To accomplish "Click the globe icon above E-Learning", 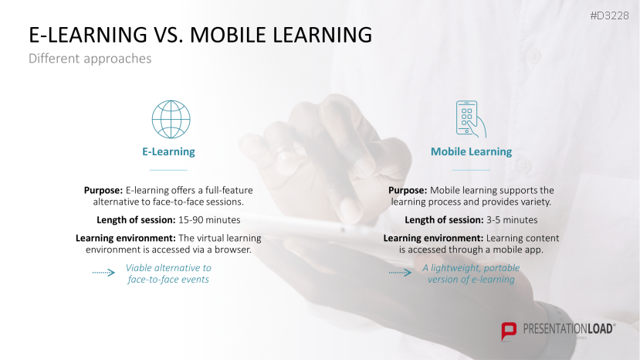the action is (x=171, y=119).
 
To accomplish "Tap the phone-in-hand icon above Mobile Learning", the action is (x=471, y=119).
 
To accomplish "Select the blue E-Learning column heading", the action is (x=168, y=151).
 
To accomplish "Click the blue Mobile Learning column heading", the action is (x=472, y=151).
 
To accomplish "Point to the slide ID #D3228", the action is (x=609, y=15).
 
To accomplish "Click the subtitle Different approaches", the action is (x=90, y=59).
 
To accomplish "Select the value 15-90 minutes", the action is (x=209, y=220).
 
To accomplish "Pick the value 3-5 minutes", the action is (x=512, y=220).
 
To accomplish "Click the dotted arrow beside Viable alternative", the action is (x=103, y=272).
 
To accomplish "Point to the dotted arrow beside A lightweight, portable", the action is (x=400, y=272).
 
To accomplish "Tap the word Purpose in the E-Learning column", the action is (x=103, y=190).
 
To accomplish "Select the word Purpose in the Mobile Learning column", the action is (x=408, y=190).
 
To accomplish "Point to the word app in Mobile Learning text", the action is (x=534, y=250).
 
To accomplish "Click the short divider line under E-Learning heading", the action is (x=168, y=170).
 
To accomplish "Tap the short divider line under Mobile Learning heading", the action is (x=471, y=170).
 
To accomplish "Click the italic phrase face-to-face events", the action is (x=168, y=280).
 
